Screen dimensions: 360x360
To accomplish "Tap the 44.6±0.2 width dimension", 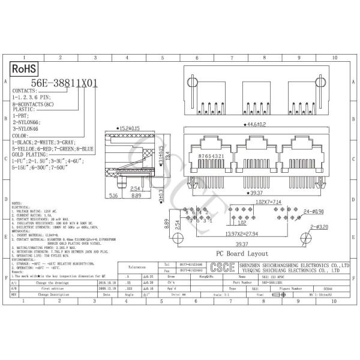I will click(x=257, y=125).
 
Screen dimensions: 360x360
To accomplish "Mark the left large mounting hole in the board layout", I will click(x=178, y=239).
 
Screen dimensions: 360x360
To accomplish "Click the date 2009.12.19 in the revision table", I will click(x=106, y=288).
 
